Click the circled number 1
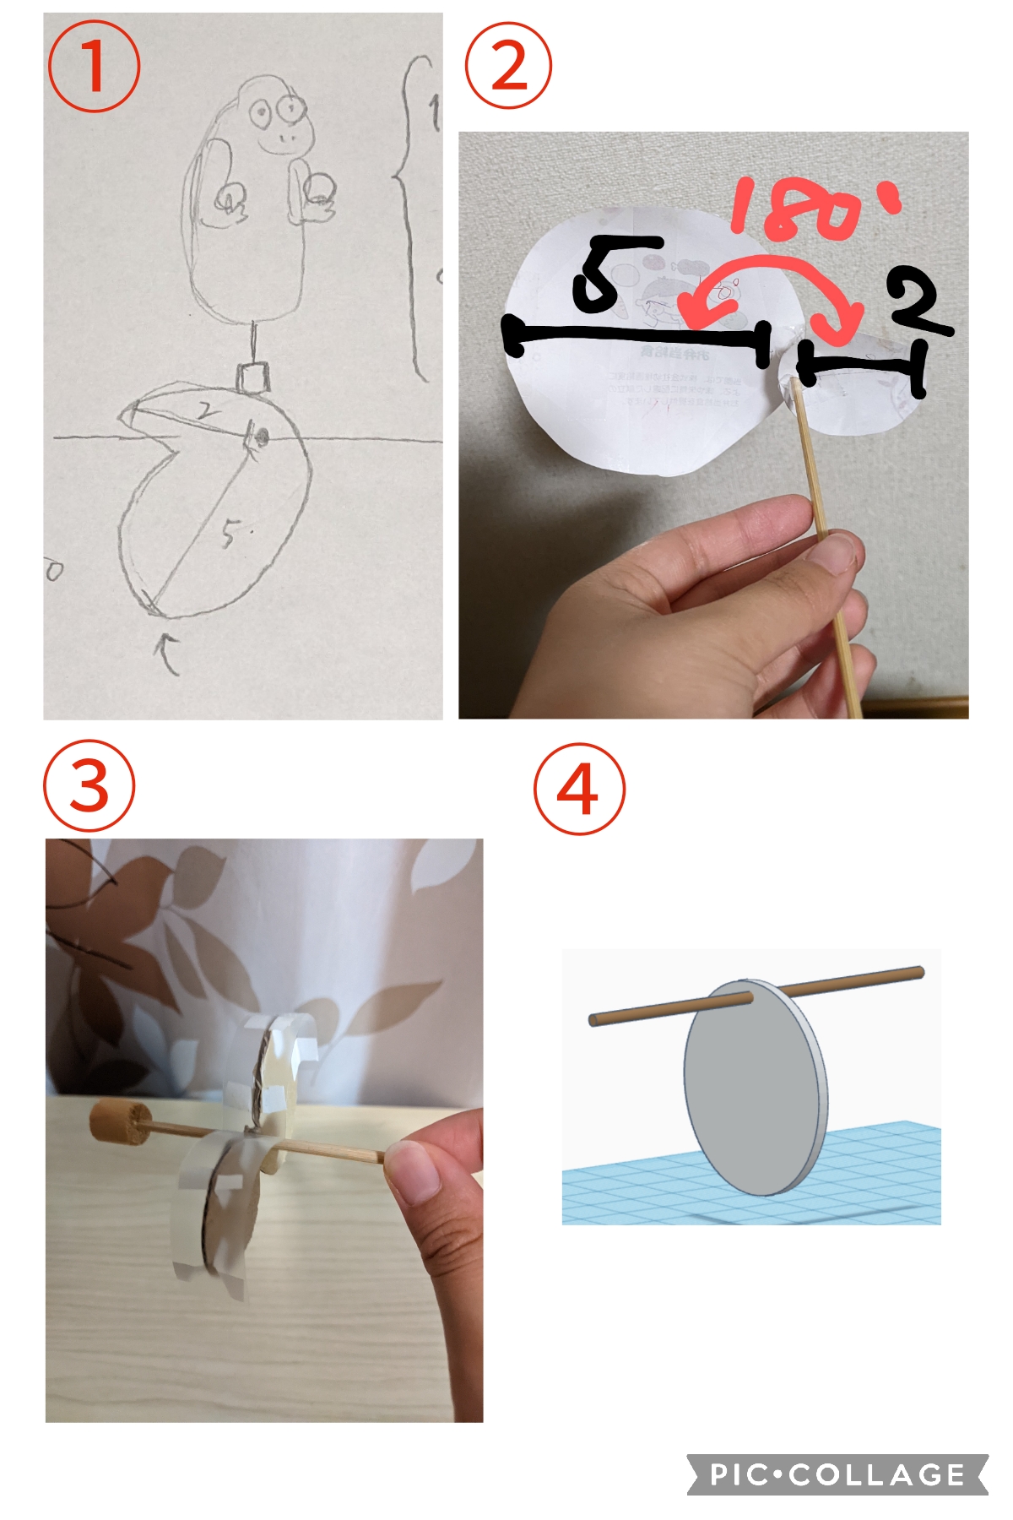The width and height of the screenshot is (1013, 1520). coord(93,67)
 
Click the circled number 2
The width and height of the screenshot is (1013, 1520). coord(508,65)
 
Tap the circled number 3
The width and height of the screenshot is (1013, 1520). coord(89,786)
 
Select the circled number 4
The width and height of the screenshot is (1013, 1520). coord(579,789)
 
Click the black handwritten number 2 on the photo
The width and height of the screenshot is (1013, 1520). coord(918,300)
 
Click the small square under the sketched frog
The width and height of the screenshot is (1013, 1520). coord(252,377)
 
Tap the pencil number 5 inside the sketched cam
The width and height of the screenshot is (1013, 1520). coord(230,533)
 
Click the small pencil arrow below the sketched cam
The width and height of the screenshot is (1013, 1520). coord(168,654)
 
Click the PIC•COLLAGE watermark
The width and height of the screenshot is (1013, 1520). coord(837,1474)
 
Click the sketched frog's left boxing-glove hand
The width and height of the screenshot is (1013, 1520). coord(230,201)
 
